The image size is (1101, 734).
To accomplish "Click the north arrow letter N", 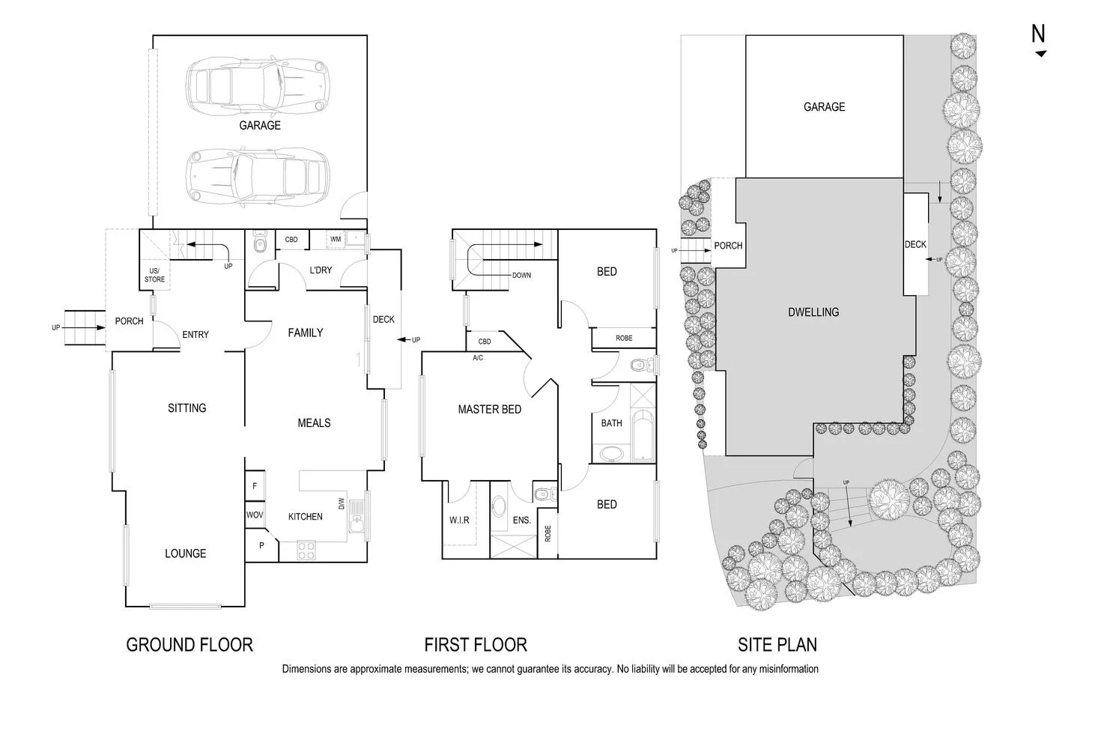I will pos(1038,34).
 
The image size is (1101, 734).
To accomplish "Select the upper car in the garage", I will pos(258,82).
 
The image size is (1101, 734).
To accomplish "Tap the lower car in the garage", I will pos(258,174).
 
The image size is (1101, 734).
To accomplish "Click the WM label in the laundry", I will pos(336,240).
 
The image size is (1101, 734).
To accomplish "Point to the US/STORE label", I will pos(154,275).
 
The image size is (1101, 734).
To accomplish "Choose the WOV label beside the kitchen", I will pos(255,515).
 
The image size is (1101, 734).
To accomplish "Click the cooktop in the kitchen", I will pos(307,550).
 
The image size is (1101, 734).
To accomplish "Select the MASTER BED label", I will pos(489,410).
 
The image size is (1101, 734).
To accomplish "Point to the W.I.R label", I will pos(459,520).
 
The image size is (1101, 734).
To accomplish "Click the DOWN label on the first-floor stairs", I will pos(521,276).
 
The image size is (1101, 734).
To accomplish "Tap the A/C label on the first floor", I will pos(478,358).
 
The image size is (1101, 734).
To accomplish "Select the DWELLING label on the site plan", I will pos(813,312).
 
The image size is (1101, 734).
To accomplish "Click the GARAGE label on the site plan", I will pos(824,107).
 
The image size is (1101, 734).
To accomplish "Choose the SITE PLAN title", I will pos(777,644).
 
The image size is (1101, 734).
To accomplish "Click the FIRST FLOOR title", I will pos(476,644).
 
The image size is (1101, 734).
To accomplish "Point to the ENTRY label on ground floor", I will pos(195,335).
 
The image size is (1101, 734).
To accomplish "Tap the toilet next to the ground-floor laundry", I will pos(260,243).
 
